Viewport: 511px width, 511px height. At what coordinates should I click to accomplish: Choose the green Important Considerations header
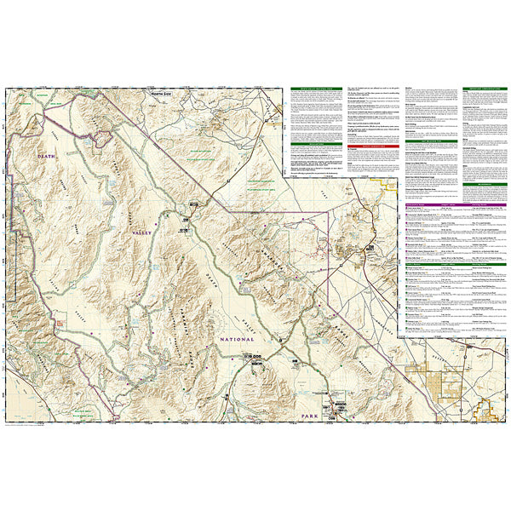pos(481,89)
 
